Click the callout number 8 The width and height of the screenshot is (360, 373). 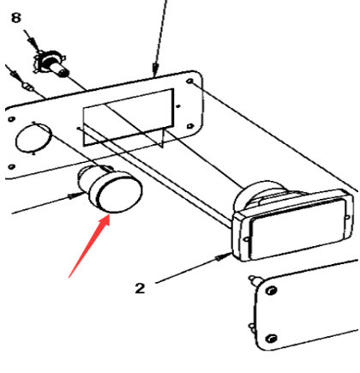[16, 17]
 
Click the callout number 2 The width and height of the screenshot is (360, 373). [140, 288]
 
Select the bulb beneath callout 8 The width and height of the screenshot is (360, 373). [52, 63]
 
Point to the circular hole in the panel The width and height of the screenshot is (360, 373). [33, 138]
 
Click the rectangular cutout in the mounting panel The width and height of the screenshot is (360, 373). [129, 117]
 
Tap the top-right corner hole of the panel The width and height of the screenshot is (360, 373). [190, 81]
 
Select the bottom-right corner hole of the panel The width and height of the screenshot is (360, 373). [189, 126]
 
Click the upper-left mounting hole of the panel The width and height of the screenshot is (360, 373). [11, 119]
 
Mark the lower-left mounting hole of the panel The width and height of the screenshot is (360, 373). [11, 166]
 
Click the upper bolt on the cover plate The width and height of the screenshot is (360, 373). [270, 291]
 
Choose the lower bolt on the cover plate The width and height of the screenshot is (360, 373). [271, 339]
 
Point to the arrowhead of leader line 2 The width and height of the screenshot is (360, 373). [224, 256]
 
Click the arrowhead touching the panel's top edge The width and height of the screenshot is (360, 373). [155, 69]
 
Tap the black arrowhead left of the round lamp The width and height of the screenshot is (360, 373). [75, 196]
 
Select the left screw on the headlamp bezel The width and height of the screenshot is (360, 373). [247, 239]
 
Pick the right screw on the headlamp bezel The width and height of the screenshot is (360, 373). [347, 218]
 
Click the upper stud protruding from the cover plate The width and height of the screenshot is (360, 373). [254, 280]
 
